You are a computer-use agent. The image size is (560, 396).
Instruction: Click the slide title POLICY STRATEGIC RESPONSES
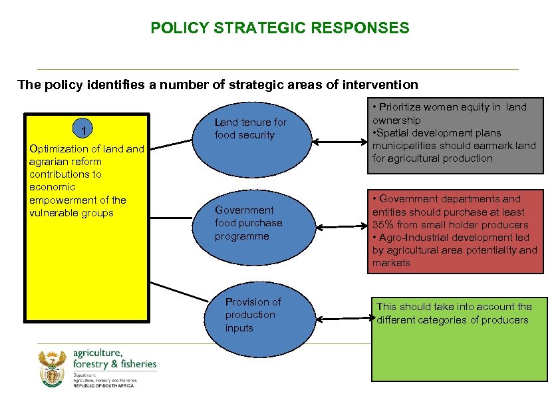pos(280,28)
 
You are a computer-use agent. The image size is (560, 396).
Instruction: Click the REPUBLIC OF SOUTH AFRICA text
pos(103,386)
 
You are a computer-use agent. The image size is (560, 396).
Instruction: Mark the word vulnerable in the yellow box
pos(55,213)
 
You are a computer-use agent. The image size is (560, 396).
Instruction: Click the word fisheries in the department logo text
pos(136,364)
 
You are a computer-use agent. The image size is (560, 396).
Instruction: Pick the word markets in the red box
pos(391,263)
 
